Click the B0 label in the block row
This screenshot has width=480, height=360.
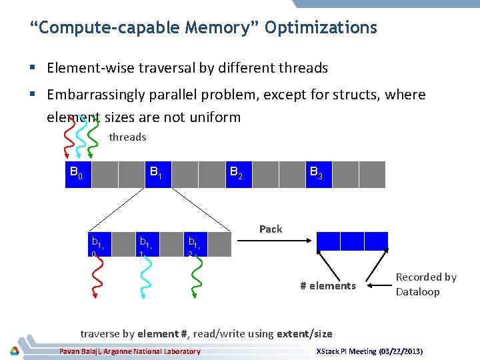77,174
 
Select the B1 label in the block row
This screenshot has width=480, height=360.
157,174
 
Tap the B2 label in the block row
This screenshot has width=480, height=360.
237,174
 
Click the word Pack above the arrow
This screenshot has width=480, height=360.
271,229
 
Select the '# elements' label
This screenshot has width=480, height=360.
328,286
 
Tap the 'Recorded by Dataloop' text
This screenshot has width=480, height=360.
426,284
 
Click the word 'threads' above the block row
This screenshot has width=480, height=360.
127,137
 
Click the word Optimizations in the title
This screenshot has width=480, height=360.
321,28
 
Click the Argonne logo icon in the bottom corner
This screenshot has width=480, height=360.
15,351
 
